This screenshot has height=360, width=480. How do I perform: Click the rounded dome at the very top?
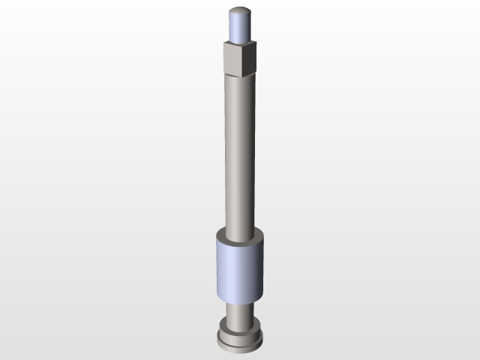pyautogui.click(x=240, y=12)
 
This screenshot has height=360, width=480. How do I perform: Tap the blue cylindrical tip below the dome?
pyautogui.click(x=240, y=28)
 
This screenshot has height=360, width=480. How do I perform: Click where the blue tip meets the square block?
pyautogui.click(x=240, y=42)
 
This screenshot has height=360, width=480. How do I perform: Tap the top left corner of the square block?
pyautogui.click(x=224, y=43)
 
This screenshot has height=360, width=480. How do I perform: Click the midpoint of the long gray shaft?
pyautogui.click(x=241, y=154)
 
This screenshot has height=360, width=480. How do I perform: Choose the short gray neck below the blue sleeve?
pyautogui.click(x=240, y=313)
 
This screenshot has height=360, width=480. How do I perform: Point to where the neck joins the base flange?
pyautogui.click(x=240, y=325)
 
